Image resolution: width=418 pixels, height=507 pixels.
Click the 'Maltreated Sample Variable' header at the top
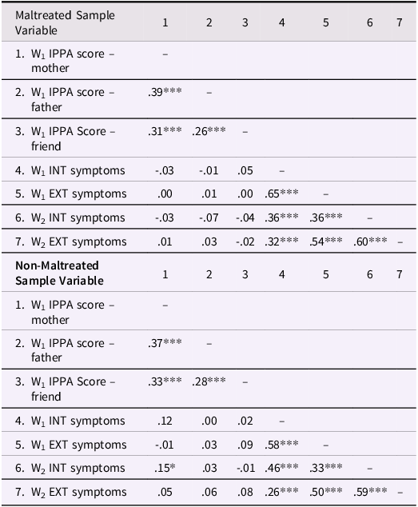[x=65, y=23]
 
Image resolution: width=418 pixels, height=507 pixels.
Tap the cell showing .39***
[x=165, y=93]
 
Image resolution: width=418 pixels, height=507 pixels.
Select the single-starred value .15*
[x=165, y=468]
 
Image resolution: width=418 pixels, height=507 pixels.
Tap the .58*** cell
[x=282, y=444]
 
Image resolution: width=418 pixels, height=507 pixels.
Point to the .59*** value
[x=370, y=492]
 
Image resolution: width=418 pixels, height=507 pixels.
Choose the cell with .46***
[x=282, y=468]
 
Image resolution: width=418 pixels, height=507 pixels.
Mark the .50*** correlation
[x=326, y=492]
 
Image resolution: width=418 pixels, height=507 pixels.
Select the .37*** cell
[x=165, y=343]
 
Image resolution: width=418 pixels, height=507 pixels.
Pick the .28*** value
[x=209, y=381]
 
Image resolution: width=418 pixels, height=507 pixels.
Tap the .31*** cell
[x=165, y=132]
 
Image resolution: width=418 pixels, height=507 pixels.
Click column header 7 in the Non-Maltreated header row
[x=400, y=274]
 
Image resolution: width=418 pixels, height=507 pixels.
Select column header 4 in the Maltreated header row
[x=282, y=23]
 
